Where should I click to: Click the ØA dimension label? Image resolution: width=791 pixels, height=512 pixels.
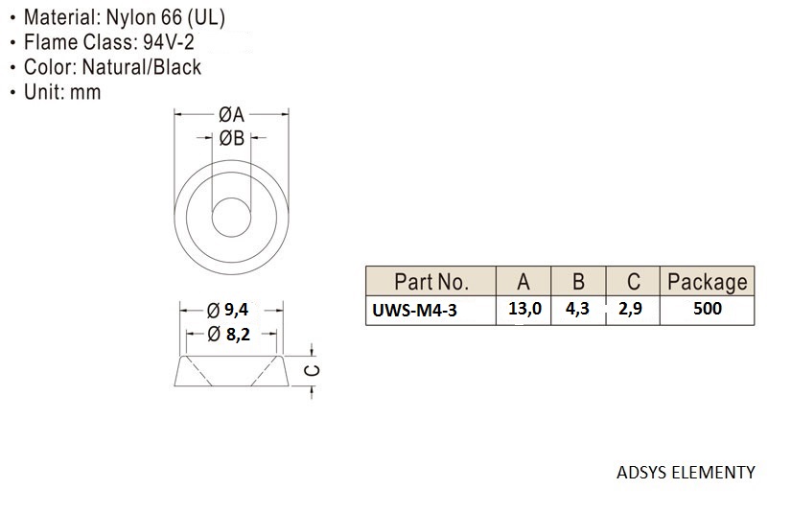232,115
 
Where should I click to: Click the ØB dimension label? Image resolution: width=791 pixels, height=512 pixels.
232,138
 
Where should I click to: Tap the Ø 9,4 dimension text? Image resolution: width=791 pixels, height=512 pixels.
227,310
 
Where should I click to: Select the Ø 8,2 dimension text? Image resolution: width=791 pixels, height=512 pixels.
228,334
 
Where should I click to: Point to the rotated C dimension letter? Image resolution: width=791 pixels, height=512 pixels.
313,370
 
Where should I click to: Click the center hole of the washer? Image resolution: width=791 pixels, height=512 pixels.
232,217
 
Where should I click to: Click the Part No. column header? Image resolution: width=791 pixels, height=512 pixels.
431,282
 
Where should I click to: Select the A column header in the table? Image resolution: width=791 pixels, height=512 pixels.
523,282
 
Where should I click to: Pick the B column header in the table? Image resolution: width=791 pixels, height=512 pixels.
578,282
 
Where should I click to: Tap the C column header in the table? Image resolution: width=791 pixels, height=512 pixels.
634,282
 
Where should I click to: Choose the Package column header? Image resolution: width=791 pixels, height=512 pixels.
708,282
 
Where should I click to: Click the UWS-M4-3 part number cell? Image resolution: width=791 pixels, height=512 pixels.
414,310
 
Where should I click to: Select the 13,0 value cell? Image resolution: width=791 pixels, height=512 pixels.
524,308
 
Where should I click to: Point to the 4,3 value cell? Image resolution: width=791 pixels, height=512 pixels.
577,308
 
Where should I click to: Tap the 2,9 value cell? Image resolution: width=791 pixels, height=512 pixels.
631,308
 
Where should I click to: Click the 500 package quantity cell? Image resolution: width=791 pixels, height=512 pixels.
708,308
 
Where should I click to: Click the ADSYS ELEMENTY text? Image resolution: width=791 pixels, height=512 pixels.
686,473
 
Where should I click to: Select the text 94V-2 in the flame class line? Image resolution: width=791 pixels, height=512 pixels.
169,42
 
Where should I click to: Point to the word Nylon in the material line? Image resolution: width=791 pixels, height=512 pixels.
130,17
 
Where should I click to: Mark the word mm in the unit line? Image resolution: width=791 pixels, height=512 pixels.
85,92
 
